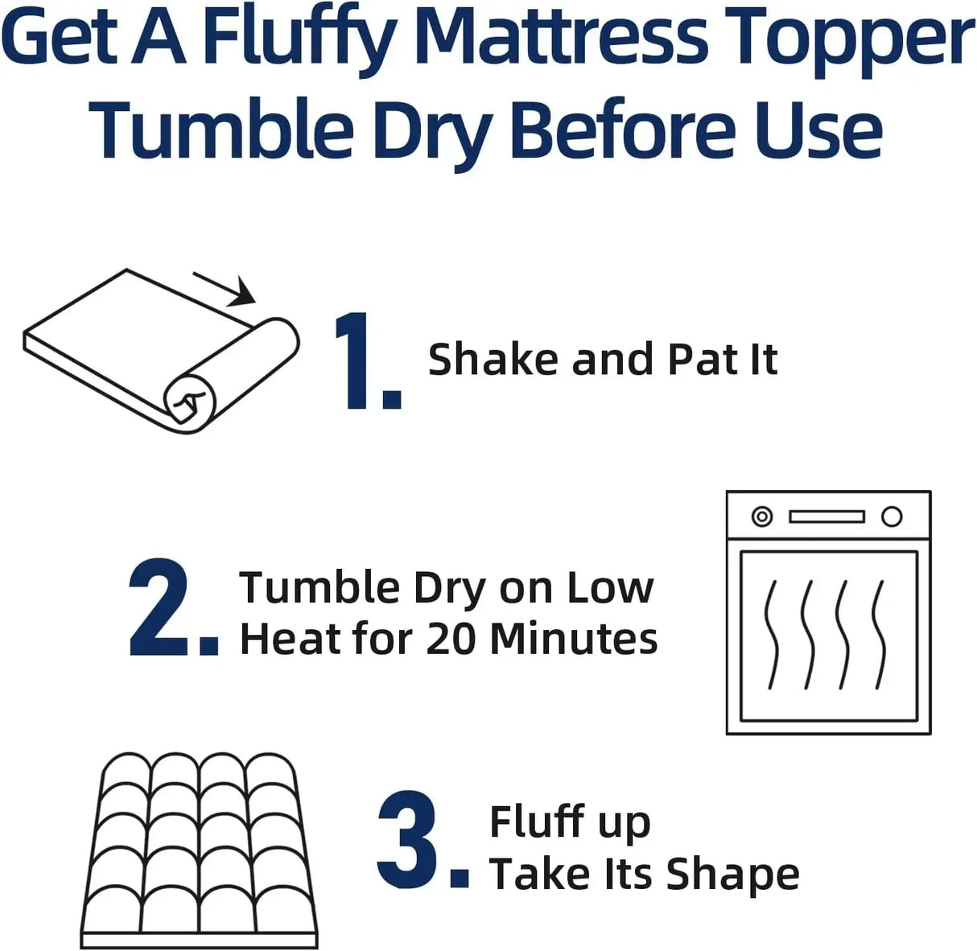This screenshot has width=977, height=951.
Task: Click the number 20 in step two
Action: (451, 639)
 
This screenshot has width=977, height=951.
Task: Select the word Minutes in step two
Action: (574, 639)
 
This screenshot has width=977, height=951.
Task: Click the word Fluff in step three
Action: (537, 821)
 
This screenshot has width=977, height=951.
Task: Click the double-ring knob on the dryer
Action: (761, 517)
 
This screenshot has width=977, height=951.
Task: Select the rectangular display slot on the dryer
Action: (827, 517)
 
